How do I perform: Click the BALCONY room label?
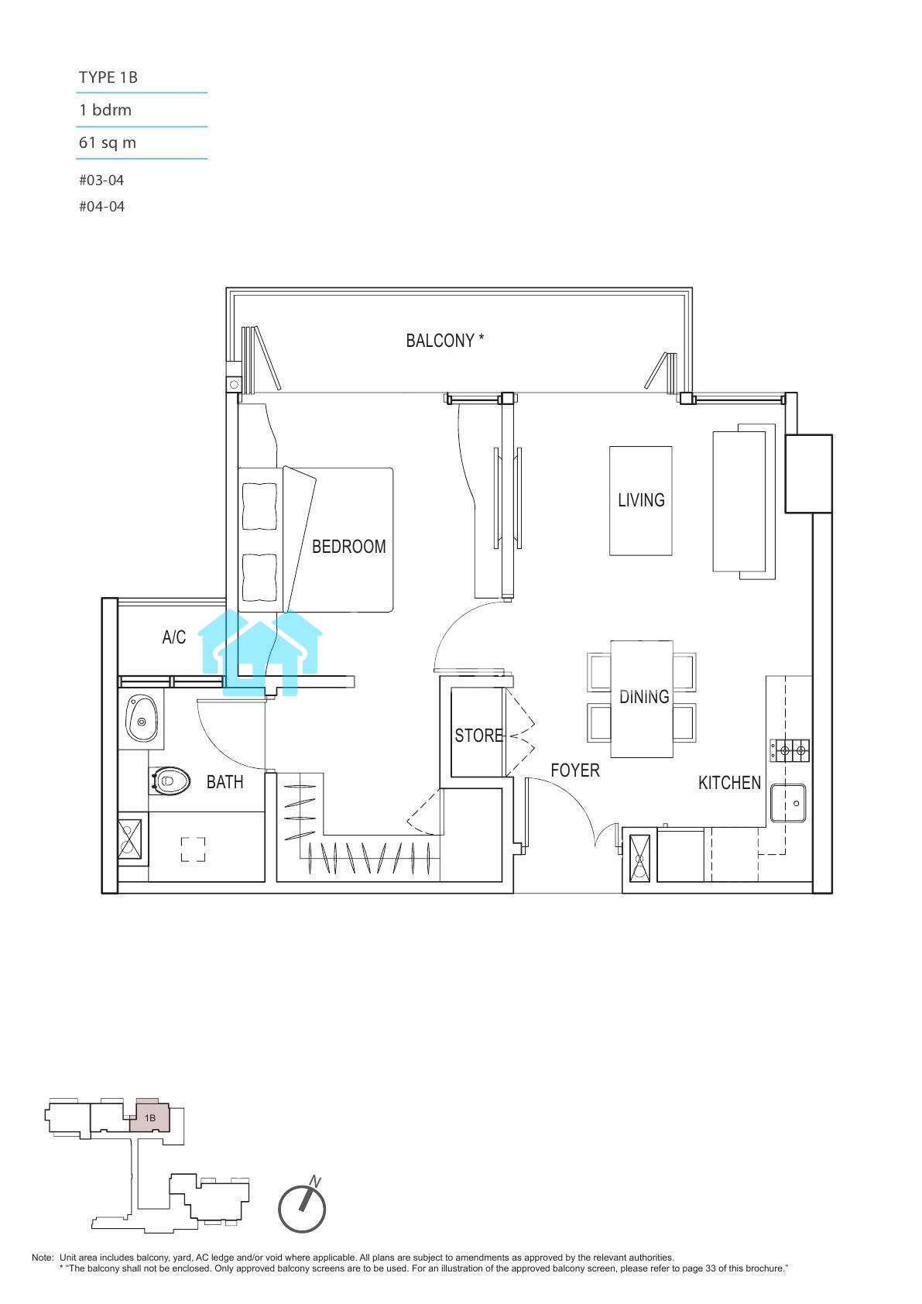tap(444, 341)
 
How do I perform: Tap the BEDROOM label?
tap(348, 547)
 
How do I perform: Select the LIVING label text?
tap(641, 500)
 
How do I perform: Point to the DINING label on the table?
tap(644, 697)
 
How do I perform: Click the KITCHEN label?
tap(729, 783)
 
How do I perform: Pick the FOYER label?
tap(575, 770)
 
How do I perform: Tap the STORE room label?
tap(478, 736)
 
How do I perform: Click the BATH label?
tap(225, 782)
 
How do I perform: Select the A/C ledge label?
tap(173, 637)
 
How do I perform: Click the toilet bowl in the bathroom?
tap(170, 781)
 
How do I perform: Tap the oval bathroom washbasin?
tap(142, 718)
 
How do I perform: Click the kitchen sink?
tap(788, 803)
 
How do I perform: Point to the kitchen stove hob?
tap(790, 750)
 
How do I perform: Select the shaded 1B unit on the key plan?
tap(149, 1117)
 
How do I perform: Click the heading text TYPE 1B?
tap(108, 77)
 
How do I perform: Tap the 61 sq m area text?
tap(107, 142)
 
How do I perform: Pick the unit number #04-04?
tap(102, 207)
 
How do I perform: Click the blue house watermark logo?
tap(259, 653)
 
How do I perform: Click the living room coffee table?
tap(641, 501)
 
